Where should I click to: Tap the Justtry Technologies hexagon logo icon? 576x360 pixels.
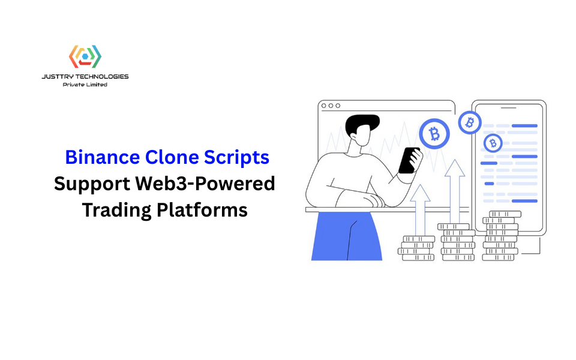click(85, 57)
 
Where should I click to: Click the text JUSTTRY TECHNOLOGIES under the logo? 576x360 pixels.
click(85, 77)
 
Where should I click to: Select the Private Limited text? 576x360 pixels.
click(85, 85)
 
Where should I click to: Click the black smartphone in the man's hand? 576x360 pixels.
click(409, 160)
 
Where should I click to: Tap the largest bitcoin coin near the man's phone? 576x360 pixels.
click(434, 133)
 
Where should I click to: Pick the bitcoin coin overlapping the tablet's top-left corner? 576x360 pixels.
click(470, 122)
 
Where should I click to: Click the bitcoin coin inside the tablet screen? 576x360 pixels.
click(493, 143)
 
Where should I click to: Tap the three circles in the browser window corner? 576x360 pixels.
click(331, 106)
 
